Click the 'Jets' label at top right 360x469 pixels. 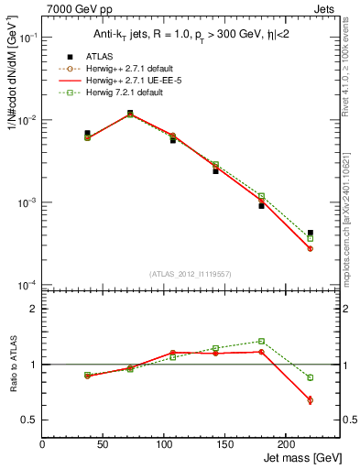324,8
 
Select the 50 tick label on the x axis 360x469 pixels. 103,444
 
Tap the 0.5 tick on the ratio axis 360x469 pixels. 30,420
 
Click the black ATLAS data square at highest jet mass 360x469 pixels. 311,233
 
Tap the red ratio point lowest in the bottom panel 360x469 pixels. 311,399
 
